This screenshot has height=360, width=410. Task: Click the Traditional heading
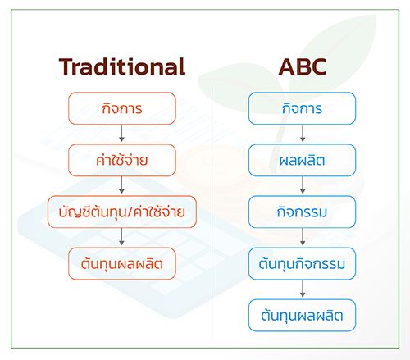pos(122,66)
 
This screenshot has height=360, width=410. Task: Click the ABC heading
pos(303,66)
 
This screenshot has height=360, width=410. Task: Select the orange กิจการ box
pos(122,108)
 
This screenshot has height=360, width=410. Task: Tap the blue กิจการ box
pos(302,108)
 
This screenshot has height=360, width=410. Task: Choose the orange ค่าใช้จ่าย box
pos(122,160)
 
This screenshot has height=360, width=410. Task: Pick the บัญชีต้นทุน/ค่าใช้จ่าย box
pos(122,212)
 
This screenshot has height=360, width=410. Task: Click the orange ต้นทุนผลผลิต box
pos(122,264)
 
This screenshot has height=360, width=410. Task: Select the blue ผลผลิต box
pos(302,160)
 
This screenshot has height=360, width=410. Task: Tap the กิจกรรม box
pos(302,212)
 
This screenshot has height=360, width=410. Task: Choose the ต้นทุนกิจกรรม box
pos(302,264)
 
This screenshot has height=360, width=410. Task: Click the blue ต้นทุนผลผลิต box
pos(302,316)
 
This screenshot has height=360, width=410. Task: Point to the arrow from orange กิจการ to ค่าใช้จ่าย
pos(122,133)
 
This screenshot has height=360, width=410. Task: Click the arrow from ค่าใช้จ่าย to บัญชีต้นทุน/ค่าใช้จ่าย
pos(122,185)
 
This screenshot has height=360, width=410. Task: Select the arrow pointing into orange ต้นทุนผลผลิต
pos(122,237)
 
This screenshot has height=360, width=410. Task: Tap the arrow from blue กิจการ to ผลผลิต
pos(303,133)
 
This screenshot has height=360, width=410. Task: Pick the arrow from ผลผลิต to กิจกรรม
pos(303,185)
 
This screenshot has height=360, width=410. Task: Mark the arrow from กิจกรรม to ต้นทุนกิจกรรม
pos(303,237)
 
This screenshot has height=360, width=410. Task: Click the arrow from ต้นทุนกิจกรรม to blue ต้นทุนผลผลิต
pos(303,289)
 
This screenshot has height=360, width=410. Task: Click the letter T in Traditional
pos(66,66)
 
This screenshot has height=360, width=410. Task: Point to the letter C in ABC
pos(318,66)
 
